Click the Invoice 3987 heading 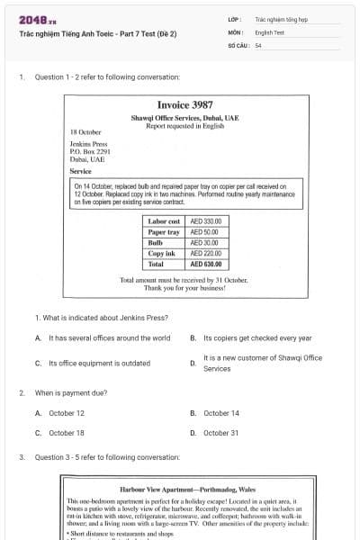point(184,104)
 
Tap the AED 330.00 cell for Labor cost point(205,220)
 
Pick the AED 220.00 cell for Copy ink point(205,254)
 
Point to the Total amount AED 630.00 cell point(205,265)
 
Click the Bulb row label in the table point(155,243)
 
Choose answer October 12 point(66,413)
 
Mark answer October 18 point(66,433)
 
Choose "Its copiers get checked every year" point(256,338)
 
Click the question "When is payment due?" point(71,393)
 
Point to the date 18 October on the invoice point(85,132)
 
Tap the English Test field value point(269,31)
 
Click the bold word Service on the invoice point(80,170)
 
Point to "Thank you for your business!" point(184,288)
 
